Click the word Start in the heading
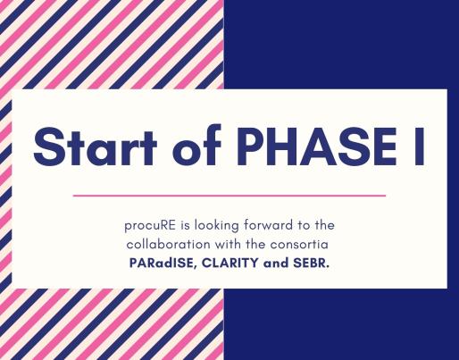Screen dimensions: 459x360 click(x=95, y=147)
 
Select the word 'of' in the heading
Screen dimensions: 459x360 click(x=196, y=145)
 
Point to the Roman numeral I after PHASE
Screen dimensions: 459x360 click(x=420, y=147)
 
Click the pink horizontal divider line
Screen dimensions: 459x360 click(x=229, y=196)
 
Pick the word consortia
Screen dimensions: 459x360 click(x=299, y=245)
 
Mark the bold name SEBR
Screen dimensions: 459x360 click(x=312, y=263)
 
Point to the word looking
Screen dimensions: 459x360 click(x=217, y=226)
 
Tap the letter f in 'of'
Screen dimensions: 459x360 click(x=213, y=146)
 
